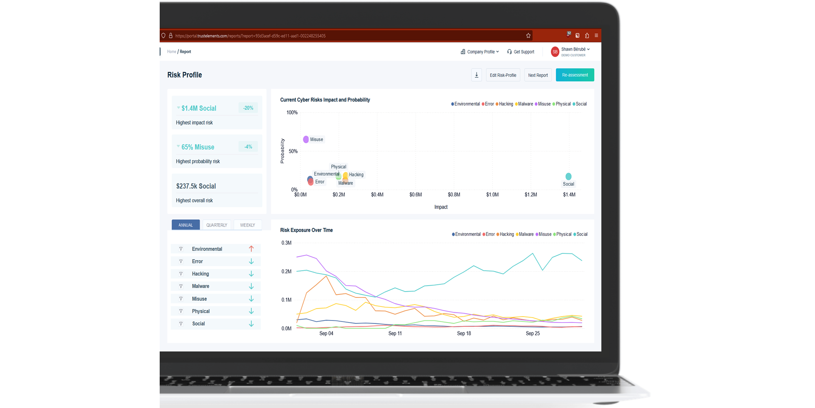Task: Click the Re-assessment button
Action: click(575, 75)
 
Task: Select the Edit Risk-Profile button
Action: click(503, 75)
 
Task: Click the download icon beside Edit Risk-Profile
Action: click(477, 75)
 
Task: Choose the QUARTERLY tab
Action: click(217, 225)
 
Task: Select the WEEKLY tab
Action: click(248, 225)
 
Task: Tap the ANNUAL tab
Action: click(186, 225)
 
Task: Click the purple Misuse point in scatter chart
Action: click(306, 139)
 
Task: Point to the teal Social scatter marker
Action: click(568, 176)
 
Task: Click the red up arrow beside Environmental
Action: click(251, 249)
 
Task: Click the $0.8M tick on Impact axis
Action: click(454, 195)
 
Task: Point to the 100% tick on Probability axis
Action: click(292, 113)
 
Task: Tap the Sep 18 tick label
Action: click(464, 334)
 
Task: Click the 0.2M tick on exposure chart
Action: click(286, 272)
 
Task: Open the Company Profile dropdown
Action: click(480, 52)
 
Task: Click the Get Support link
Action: click(521, 52)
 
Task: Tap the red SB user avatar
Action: click(555, 52)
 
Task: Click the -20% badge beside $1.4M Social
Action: click(248, 108)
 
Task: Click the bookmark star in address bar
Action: click(528, 36)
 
